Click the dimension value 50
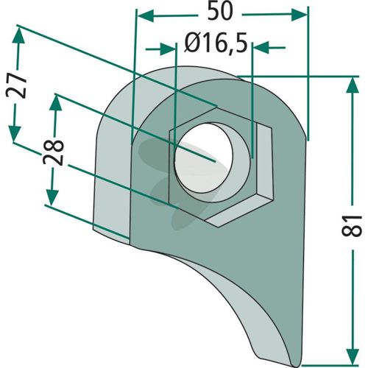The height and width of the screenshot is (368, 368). (219, 13)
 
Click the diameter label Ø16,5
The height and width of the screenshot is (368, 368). (216, 43)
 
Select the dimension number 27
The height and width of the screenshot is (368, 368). (16, 85)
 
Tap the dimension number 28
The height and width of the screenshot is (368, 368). (53, 152)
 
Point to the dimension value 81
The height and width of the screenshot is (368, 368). (352, 226)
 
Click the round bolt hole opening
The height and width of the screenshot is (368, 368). (203, 158)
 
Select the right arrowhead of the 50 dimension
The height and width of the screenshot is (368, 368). (299, 15)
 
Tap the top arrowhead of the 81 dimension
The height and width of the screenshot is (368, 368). (353, 85)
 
